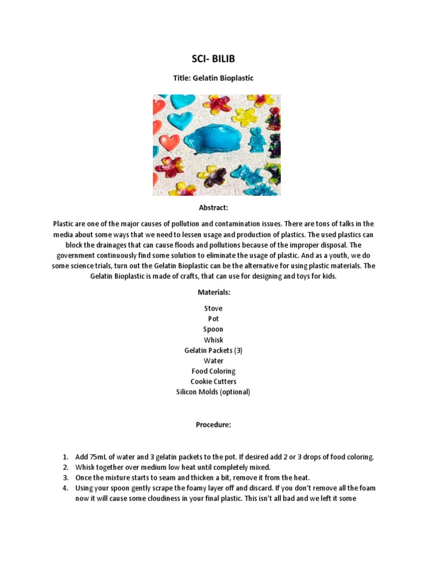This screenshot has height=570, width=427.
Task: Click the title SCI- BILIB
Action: tap(213, 59)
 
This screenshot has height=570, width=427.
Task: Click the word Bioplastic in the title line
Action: tap(234, 78)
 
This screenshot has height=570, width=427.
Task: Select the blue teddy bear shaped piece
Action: tap(256, 139)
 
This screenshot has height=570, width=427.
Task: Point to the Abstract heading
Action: tap(213, 208)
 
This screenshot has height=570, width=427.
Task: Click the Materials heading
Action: tap(213, 292)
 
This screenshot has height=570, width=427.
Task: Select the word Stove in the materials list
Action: tap(213, 308)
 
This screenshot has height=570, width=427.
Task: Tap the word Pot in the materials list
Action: tap(213, 319)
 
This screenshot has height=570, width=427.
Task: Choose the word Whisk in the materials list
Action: tap(213, 340)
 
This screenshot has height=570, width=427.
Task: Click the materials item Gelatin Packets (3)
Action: tap(213, 350)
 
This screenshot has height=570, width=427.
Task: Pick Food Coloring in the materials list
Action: tap(213, 371)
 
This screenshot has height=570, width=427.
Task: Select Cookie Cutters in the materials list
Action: tap(213, 381)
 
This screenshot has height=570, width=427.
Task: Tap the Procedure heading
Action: tap(213, 425)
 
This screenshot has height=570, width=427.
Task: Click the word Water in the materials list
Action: tap(213, 361)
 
